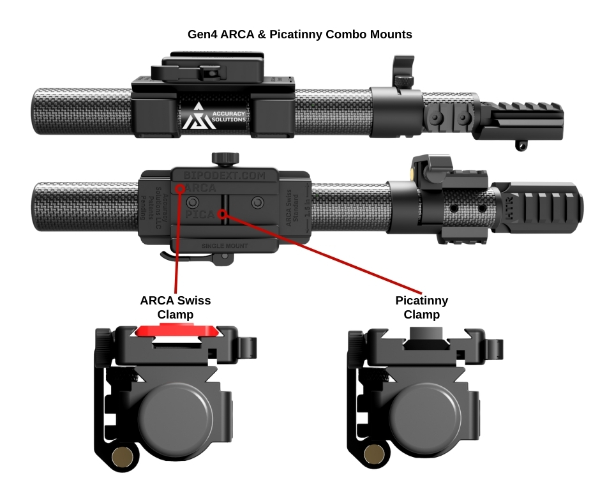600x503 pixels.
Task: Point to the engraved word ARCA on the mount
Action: [x=199, y=189]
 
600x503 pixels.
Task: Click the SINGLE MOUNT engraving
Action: [x=224, y=245]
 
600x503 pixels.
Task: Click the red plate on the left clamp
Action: [x=179, y=329]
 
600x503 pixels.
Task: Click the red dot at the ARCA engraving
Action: [x=181, y=189]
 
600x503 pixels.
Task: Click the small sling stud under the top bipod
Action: [x=521, y=146]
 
